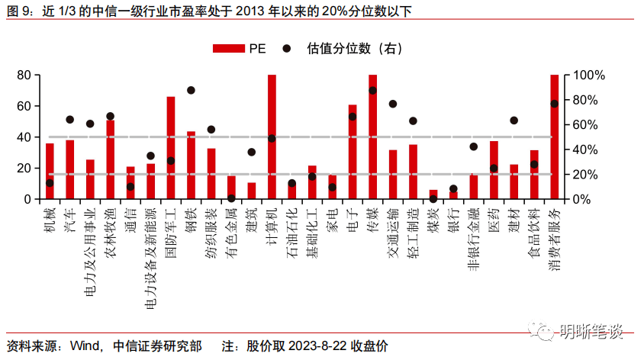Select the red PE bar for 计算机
(272, 137)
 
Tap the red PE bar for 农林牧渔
(111, 159)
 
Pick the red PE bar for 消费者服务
(555, 137)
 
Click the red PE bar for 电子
(353, 152)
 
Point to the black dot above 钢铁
(191, 90)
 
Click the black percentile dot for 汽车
(70, 120)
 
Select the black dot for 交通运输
(393, 104)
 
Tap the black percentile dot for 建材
(514, 121)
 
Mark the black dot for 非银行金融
(474, 146)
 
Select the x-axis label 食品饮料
(534, 236)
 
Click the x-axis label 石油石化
(292, 236)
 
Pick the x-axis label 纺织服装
(211, 236)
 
